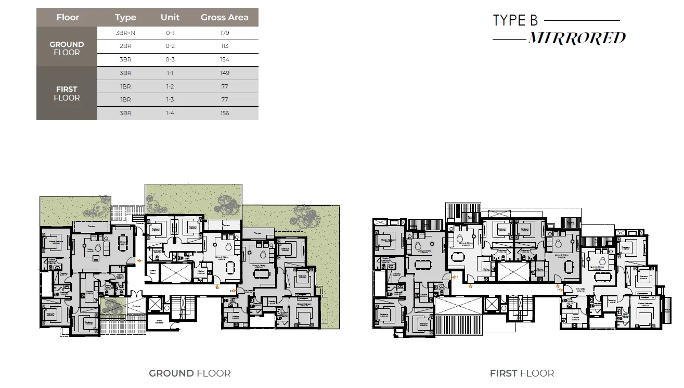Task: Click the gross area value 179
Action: tap(224, 33)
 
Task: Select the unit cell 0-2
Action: tap(170, 46)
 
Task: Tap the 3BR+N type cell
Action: tap(125, 33)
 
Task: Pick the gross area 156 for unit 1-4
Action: tap(224, 113)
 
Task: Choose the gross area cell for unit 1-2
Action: tap(224, 86)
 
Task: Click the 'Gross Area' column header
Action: tap(224, 17)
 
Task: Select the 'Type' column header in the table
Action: tap(125, 17)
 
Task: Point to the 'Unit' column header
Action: tap(170, 17)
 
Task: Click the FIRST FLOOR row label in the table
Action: tap(67, 93)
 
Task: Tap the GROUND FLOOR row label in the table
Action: tap(67, 48)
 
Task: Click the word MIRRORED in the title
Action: tap(576, 39)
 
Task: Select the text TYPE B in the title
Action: tap(515, 20)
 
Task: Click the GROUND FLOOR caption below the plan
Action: tap(189, 373)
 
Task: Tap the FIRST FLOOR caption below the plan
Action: tap(522, 373)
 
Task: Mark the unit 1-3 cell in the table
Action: tap(170, 99)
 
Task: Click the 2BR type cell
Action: tap(125, 46)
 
